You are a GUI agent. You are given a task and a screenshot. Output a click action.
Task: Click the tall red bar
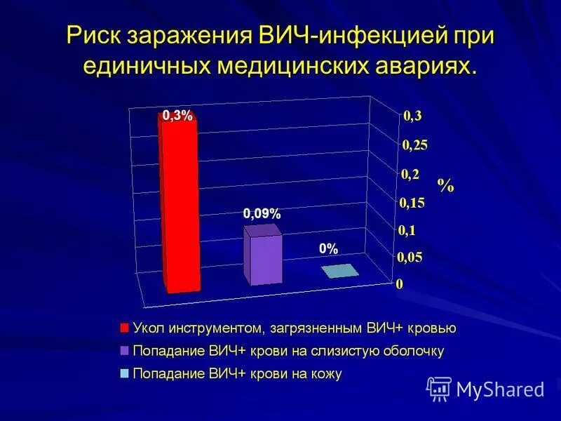pos(180,207)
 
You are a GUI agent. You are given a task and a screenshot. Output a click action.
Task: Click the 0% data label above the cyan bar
pos(329,249)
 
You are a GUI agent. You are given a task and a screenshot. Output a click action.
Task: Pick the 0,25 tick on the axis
pos(414,145)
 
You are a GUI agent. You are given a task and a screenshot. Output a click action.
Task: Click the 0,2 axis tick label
pos(411,174)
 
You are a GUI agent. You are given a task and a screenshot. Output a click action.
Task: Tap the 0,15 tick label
pos(412,203)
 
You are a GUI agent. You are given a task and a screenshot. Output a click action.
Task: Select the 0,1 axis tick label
pos(408,230)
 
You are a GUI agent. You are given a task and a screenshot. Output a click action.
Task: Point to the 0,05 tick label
pos(411,258)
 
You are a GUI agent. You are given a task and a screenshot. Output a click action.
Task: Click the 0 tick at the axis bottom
pos(400,284)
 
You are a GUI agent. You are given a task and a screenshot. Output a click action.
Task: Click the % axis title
pos(445,186)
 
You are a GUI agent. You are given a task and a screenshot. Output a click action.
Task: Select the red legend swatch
pos(125,328)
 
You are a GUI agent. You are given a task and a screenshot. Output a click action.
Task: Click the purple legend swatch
pos(125,351)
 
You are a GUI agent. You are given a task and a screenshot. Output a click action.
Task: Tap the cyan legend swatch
pos(125,374)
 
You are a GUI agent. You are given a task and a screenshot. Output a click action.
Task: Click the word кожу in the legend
pos(325,374)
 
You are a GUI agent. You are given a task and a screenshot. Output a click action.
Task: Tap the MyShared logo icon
pos(438,389)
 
